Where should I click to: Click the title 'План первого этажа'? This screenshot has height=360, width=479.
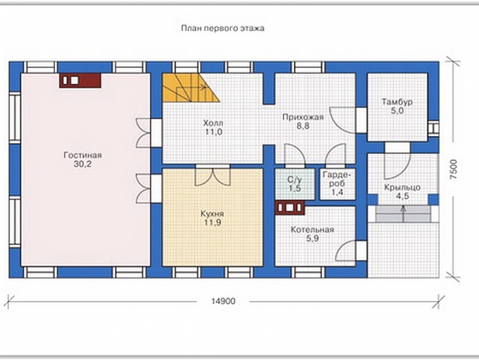point(223,29)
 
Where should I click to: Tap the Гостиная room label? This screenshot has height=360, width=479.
point(82,155)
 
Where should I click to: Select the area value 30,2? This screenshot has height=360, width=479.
point(82,164)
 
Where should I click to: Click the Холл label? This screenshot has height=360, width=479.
point(213,123)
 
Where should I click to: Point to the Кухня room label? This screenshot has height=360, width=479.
point(212,213)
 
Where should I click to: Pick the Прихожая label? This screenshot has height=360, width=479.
point(303,117)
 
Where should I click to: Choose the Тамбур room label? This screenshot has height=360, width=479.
point(397,102)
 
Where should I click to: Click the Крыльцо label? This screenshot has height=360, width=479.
point(403,188)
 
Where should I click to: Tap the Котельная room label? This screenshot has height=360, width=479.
point(312,229)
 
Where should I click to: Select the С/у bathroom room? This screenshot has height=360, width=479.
point(295,184)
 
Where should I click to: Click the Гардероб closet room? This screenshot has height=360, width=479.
point(338,184)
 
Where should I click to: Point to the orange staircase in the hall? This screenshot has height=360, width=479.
point(187,88)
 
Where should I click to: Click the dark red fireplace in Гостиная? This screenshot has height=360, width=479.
point(80,81)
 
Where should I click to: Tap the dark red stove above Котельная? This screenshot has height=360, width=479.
point(290,208)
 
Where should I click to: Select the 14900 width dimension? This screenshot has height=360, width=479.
point(224,301)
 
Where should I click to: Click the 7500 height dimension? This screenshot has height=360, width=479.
point(455,169)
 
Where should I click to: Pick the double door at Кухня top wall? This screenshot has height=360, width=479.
point(212,176)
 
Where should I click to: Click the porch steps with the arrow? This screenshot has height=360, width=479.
point(403,214)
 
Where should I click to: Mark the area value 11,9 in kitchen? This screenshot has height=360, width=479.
point(212,222)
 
